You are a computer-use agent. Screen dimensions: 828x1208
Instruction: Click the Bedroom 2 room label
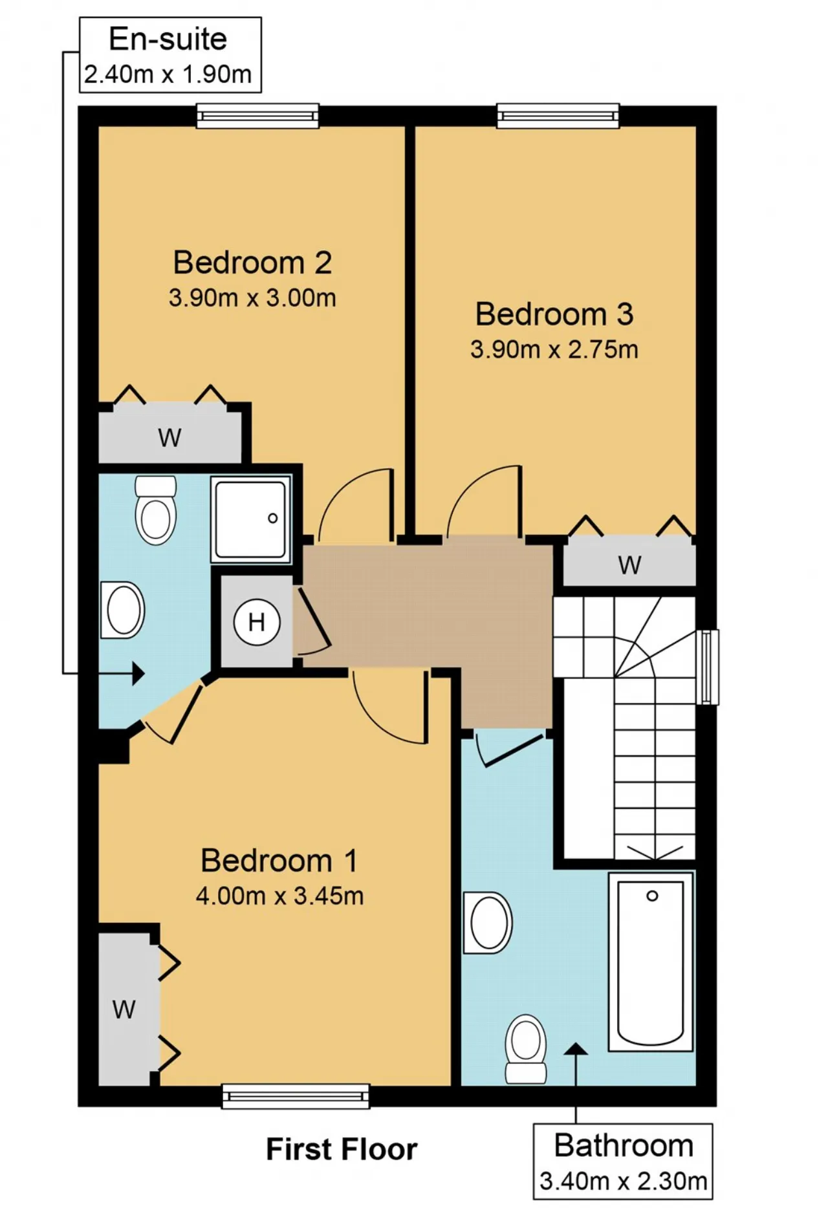(252, 263)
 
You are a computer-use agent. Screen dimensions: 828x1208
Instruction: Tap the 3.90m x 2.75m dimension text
(554, 350)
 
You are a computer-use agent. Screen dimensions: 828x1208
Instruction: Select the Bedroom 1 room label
(279, 861)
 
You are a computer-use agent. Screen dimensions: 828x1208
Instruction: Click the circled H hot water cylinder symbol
(257, 622)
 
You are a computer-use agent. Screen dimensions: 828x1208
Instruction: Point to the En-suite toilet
(156, 510)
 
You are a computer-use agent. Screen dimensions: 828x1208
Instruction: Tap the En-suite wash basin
(122, 610)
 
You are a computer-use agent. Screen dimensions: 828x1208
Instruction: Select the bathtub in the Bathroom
(651, 962)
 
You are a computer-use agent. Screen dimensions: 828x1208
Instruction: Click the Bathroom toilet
(526, 1049)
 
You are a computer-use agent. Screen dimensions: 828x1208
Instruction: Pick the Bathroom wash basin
(488, 923)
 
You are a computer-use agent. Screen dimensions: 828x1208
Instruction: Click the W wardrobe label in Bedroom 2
(169, 438)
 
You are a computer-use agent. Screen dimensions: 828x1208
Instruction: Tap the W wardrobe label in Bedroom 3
(629, 565)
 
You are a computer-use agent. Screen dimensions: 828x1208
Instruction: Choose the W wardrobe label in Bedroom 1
(124, 1009)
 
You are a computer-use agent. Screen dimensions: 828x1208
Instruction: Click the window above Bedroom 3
(558, 116)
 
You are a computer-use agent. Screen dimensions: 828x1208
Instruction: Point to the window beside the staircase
(709, 667)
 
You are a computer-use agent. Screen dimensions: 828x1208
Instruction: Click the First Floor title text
(342, 1150)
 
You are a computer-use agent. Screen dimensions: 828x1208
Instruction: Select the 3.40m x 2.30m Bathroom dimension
(624, 1181)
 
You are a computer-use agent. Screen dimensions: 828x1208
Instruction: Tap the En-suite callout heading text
(168, 39)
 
